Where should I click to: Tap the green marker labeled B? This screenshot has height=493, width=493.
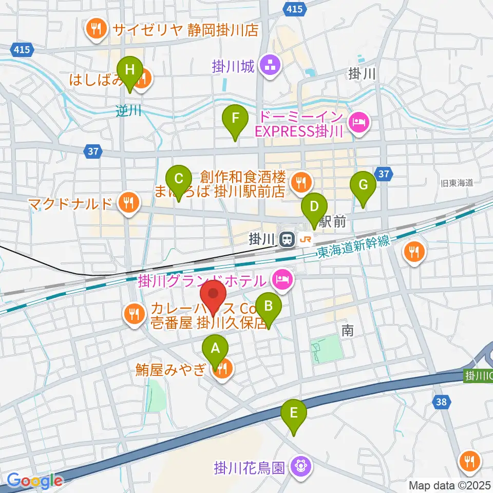point(269,307)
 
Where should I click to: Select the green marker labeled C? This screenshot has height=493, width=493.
point(178,179)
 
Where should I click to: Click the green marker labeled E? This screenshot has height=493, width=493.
point(294,413)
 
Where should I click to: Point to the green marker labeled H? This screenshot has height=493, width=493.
point(130,70)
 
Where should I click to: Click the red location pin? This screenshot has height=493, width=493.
point(213,297)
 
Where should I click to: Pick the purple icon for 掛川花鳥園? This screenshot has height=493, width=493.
point(299,467)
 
